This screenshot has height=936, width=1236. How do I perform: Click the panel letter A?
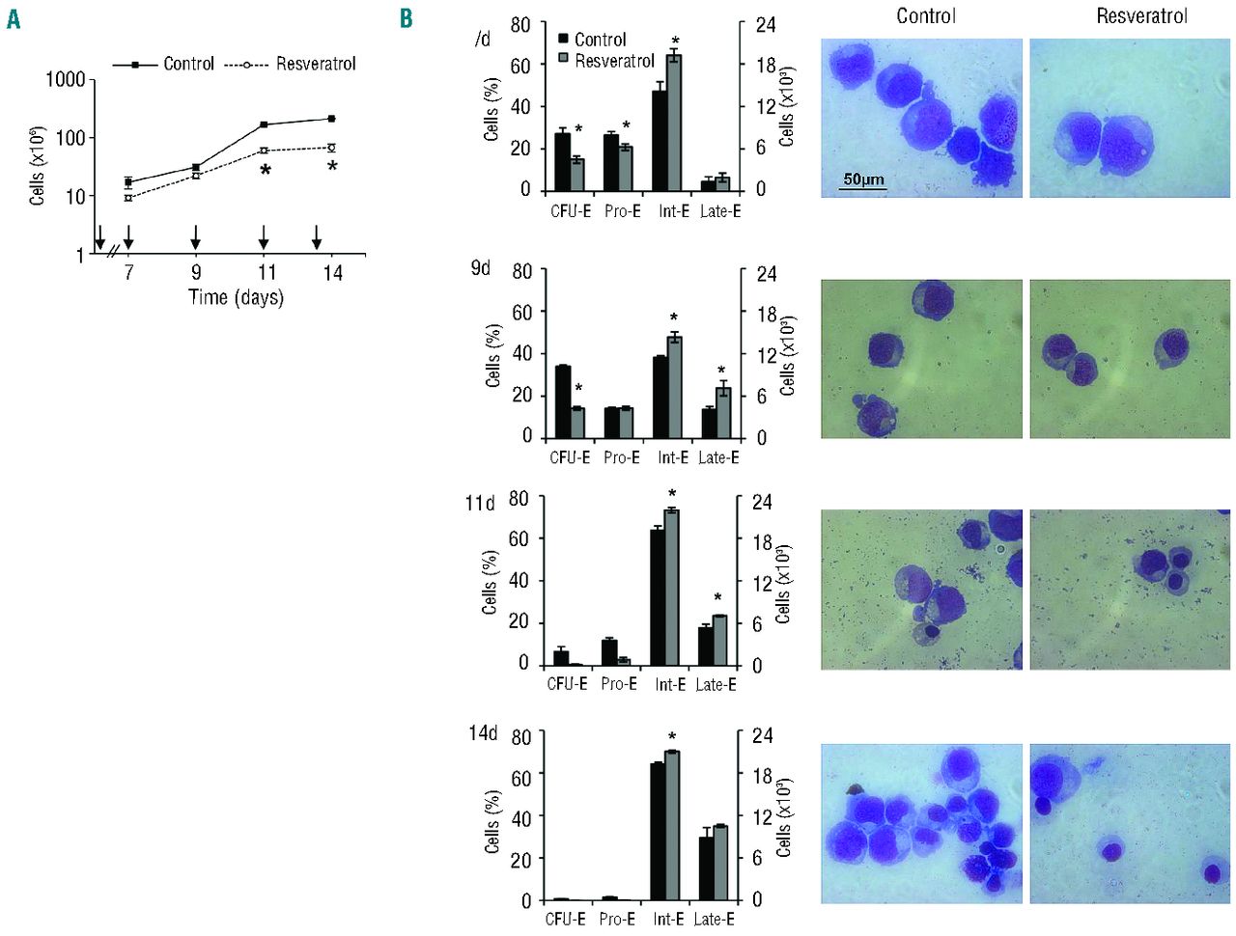[x=13, y=18]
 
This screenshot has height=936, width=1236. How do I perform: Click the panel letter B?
[x=407, y=18]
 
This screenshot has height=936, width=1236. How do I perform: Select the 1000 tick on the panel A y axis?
[x=66, y=79]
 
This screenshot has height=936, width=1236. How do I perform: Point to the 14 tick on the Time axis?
[x=332, y=273]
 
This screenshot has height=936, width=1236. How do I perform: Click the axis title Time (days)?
[x=236, y=297]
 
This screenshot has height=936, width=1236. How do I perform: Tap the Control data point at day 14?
[x=331, y=119]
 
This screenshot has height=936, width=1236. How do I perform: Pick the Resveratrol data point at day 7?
[x=128, y=198]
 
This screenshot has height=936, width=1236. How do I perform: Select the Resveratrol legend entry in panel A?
[x=316, y=64]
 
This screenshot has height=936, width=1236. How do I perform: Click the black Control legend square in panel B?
[x=564, y=40]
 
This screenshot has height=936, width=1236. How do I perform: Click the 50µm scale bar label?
[x=862, y=179]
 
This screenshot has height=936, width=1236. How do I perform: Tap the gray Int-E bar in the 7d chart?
[x=674, y=123]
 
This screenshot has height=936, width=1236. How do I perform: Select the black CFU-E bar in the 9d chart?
[x=563, y=400]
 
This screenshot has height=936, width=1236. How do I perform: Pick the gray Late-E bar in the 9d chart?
[x=723, y=412]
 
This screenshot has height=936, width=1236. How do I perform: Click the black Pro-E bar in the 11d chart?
[x=609, y=652]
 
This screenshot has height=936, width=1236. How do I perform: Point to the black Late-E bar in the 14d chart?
[x=706, y=868]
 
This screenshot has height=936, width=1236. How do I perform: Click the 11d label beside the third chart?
[x=479, y=503]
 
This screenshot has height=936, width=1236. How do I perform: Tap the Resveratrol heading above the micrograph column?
[x=1140, y=15]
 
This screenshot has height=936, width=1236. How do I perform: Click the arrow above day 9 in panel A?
[x=196, y=236]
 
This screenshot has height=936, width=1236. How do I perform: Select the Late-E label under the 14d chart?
[x=714, y=920]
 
